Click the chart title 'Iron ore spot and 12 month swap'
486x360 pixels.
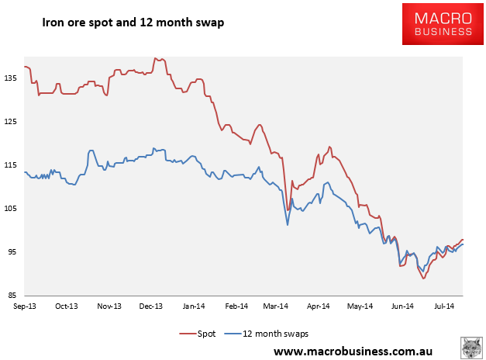tap(133, 22)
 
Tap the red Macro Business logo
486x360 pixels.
tap(443, 24)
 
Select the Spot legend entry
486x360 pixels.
tap(197, 334)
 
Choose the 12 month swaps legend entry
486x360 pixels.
tap(267, 334)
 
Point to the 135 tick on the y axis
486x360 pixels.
tap(10, 78)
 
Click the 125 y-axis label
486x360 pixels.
tap(10, 121)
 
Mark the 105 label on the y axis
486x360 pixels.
tap(10, 208)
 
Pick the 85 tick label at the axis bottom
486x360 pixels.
tap(12, 295)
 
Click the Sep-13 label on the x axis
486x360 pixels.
tap(25, 306)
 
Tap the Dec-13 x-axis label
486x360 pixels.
tap(151, 306)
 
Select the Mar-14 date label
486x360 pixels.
tap(275, 306)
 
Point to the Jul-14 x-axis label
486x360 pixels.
tap(444, 306)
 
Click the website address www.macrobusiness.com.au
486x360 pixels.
tap(353, 351)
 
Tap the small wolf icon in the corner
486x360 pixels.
tap(471, 348)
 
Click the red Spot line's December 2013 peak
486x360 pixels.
tap(156, 58)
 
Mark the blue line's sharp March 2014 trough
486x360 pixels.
tap(288, 225)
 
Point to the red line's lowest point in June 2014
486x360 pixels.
tap(423, 279)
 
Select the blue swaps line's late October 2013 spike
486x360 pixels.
tap(91, 151)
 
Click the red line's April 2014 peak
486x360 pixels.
tap(329, 147)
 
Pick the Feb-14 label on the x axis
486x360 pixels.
tap(236, 306)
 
